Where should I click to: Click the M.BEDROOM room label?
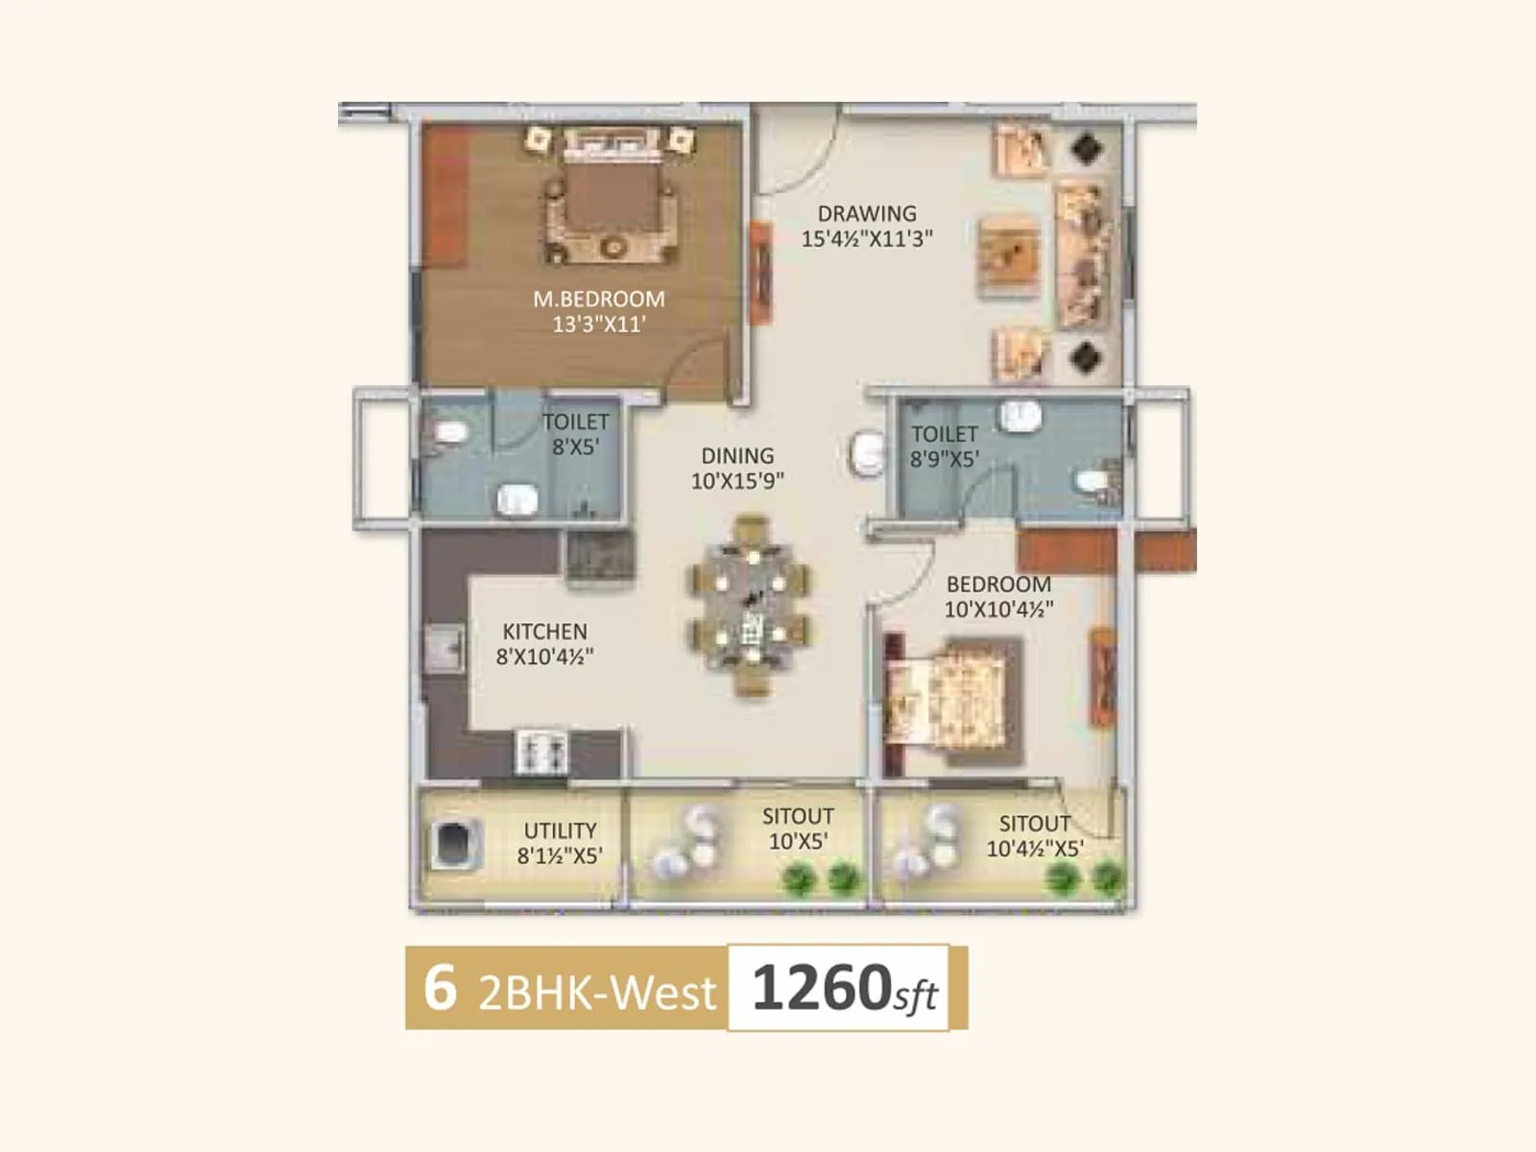click(599, 299)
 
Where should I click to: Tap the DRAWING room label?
click(867, 214)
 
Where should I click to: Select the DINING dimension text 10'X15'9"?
click(737, 481)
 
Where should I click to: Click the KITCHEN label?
click(544, 632)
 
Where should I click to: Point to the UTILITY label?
click(560, 830)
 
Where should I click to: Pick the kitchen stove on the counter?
click(542, 752)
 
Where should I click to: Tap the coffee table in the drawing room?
click(1009, 255)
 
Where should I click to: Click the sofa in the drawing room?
click(1085, 255)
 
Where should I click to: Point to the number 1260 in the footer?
click(822, 988)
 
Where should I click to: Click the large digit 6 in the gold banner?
click(439, 987)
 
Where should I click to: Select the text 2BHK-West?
click(597, 993)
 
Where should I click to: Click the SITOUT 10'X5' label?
click(798, 828)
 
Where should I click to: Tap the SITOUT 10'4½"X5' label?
click(1035, 836)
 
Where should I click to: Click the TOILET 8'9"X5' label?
click(945, 446)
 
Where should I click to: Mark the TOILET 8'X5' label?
click(576, 434)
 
